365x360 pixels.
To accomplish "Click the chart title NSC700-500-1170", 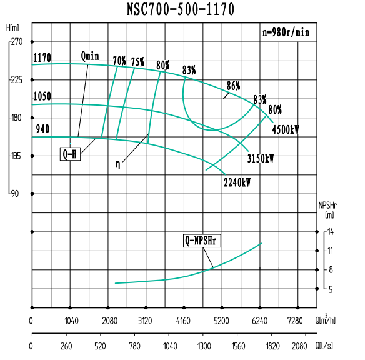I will [181, 9].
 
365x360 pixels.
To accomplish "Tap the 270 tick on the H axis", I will [16, 42].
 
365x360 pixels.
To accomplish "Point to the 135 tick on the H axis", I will [16, 156].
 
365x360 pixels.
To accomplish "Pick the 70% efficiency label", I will [119, 61].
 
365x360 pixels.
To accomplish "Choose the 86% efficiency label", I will [234, 86].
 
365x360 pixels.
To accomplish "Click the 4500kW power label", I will [286, 130].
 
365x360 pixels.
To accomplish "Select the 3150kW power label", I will [261, 157].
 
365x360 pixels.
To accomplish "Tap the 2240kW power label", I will [237, 182].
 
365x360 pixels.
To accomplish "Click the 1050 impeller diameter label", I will [42, 96].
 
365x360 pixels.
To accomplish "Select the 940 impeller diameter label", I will [42, 129].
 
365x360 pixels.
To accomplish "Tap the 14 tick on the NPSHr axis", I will [331, 232].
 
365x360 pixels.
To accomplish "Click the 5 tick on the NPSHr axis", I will [331, 289].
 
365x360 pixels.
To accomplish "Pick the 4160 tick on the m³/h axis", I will [184, 321].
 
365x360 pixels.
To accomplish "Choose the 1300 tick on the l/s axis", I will [204, 346].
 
